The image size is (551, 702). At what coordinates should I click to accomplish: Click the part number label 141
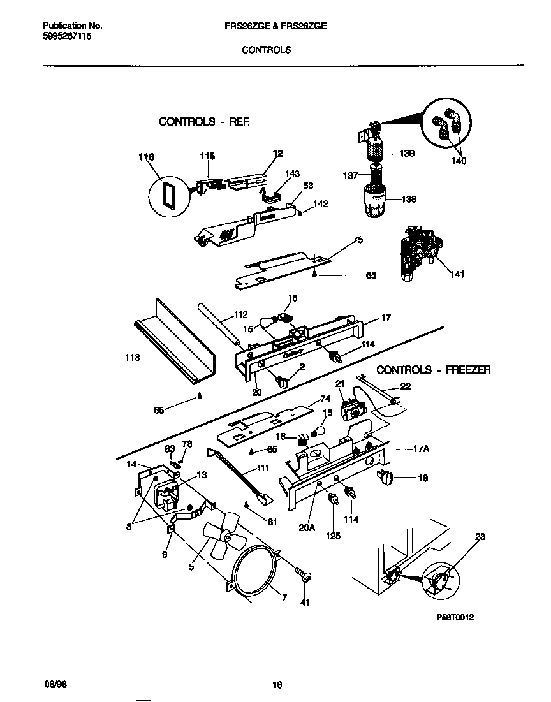coord(457,275)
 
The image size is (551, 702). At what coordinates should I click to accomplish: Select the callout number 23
coord(480,537)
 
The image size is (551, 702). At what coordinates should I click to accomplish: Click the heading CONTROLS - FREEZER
coord(433,370)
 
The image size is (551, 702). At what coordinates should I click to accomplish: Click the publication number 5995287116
coord(67,37)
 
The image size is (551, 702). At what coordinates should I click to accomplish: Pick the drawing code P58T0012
coord(457,617)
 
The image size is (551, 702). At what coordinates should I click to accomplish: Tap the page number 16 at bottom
coord(277,685)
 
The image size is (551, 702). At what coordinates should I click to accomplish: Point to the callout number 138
coord(408,199)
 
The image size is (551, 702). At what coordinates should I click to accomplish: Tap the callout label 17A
coord(421,449)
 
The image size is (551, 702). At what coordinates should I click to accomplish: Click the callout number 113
coord(132,358)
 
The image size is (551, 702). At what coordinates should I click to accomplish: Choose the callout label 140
coord(458,161)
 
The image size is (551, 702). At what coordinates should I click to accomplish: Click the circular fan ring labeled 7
coord(255,571)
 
